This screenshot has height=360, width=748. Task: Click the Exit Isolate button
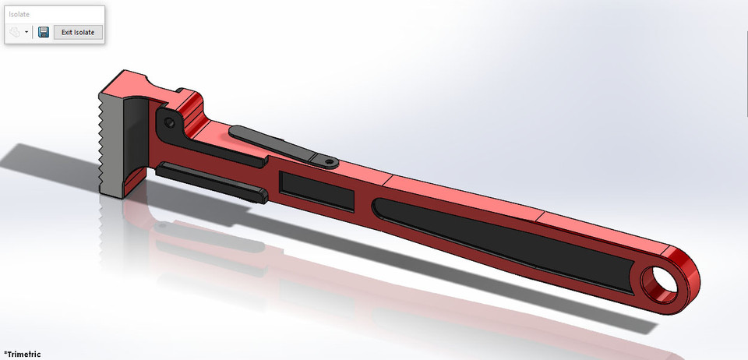pyautogui.click(x=78, y=32)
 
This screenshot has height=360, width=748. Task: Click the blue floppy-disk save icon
pyautogui.click(x=44, y=32)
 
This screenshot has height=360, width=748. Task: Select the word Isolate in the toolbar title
pyautogui.click(x=19, y=14)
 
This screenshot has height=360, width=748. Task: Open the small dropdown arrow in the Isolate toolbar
pyautogui.click(x=27, y=33)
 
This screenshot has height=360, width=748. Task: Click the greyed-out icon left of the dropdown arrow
pyautogui.click(x=16, y=32)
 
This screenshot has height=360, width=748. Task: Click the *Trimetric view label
pyautogui.click(x=22, y=354)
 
